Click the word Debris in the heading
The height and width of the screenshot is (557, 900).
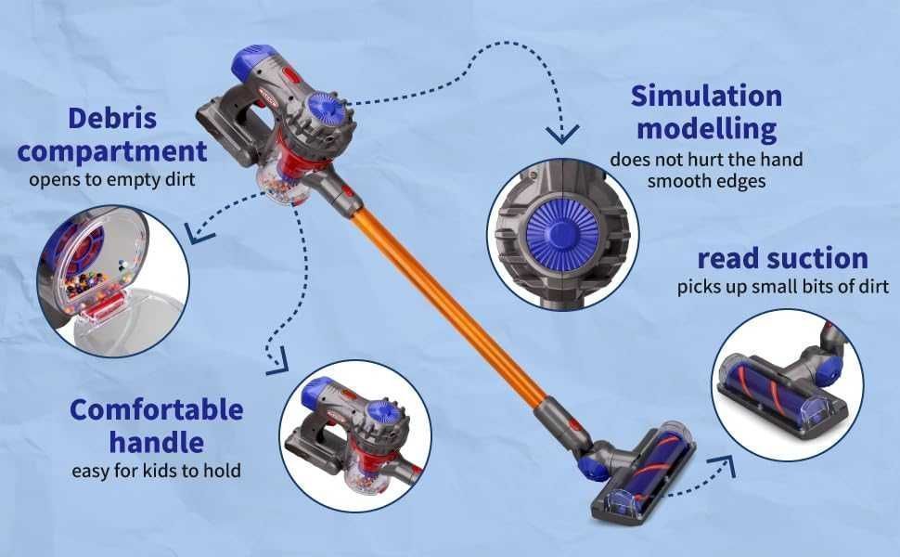111,119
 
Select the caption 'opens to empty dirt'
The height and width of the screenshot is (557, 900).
111,179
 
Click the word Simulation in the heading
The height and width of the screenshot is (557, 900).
706,96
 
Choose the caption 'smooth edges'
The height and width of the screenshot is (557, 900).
707,181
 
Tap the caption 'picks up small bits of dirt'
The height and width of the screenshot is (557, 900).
782,287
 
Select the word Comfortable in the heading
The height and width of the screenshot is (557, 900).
156,409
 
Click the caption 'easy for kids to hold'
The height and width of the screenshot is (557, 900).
156,471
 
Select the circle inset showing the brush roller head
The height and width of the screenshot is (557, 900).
787,384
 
